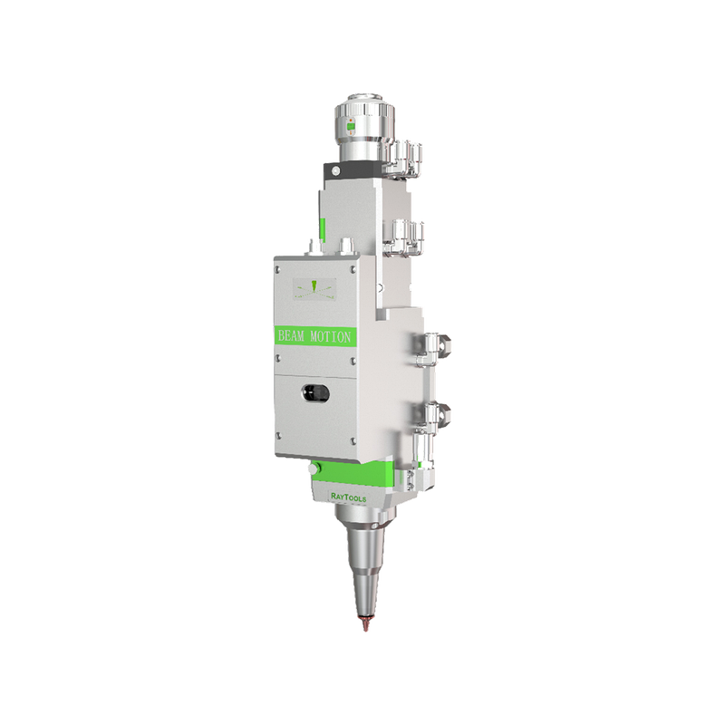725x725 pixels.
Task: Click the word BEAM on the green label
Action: [x=291, y=336]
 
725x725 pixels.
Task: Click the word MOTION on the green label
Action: [x=331, y=336]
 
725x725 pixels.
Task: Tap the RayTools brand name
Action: [x=349, y=498]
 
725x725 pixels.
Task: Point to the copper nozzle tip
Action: [x=365, y=623]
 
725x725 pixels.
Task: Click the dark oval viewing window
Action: [x=315, y=393]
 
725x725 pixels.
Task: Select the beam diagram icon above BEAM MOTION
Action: [x=314, y=289]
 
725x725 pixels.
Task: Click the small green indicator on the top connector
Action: [x=351, y=126]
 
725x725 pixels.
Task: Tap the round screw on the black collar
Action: [x=335, y=171]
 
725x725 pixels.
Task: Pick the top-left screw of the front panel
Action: [x=278, y=268]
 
